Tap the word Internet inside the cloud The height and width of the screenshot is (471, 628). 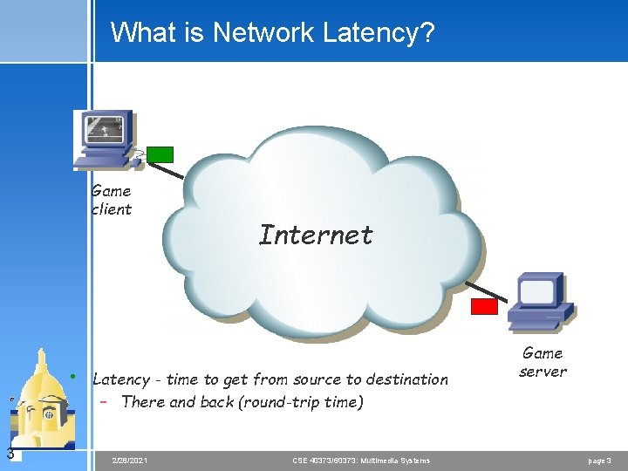(x=316, y=235)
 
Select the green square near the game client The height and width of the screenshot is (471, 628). (x=160, y=154)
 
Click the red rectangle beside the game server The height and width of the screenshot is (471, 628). (x=484, y=306)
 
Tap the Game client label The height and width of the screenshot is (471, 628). (x=112, y=200)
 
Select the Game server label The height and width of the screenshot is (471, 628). (x=543, y=362)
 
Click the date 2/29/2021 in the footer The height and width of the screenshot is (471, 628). (x=130, y=460)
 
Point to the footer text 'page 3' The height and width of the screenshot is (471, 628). (x=600, y=460)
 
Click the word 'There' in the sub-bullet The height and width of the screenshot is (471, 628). (x=143, y=402)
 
